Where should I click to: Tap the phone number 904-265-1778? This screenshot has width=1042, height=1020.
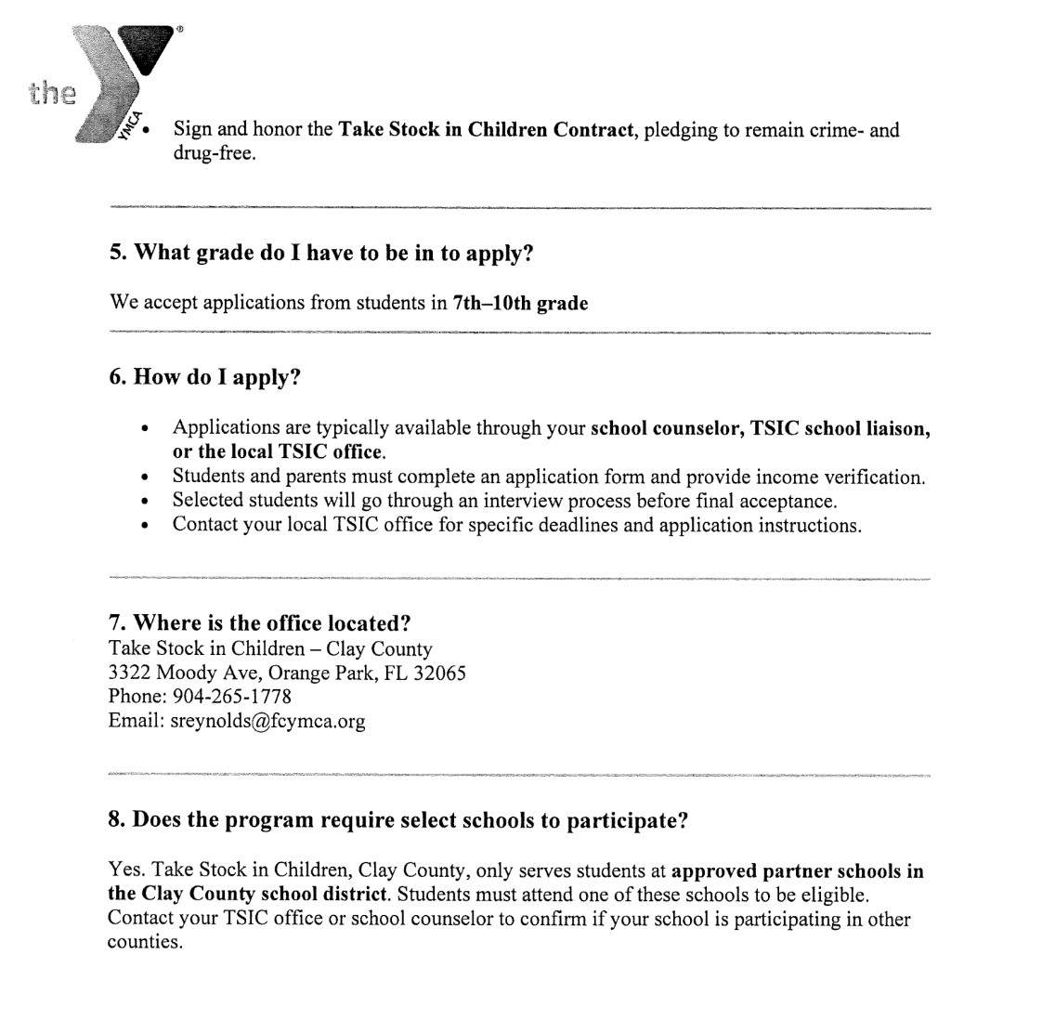pos(232,696)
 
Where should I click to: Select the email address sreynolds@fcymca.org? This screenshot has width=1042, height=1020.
pos(267,720)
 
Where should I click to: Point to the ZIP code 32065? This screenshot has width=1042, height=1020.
pos(437,672)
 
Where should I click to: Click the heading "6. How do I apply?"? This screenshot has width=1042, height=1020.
pos(205,377)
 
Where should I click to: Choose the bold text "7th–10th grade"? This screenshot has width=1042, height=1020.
pos(520,303)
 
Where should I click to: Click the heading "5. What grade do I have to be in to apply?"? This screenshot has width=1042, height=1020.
pos(321,253)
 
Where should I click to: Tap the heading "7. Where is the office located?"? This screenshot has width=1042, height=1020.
pos(259,622)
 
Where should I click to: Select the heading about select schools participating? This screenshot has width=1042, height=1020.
pos(397,820)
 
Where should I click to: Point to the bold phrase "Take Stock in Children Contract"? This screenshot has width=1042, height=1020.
pos(485,129)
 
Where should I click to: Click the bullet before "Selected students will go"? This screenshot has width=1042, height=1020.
pos(144,502)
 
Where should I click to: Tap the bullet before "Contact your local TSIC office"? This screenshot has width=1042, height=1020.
pos(144,526)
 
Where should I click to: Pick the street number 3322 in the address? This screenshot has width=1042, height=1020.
pos(129,672)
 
